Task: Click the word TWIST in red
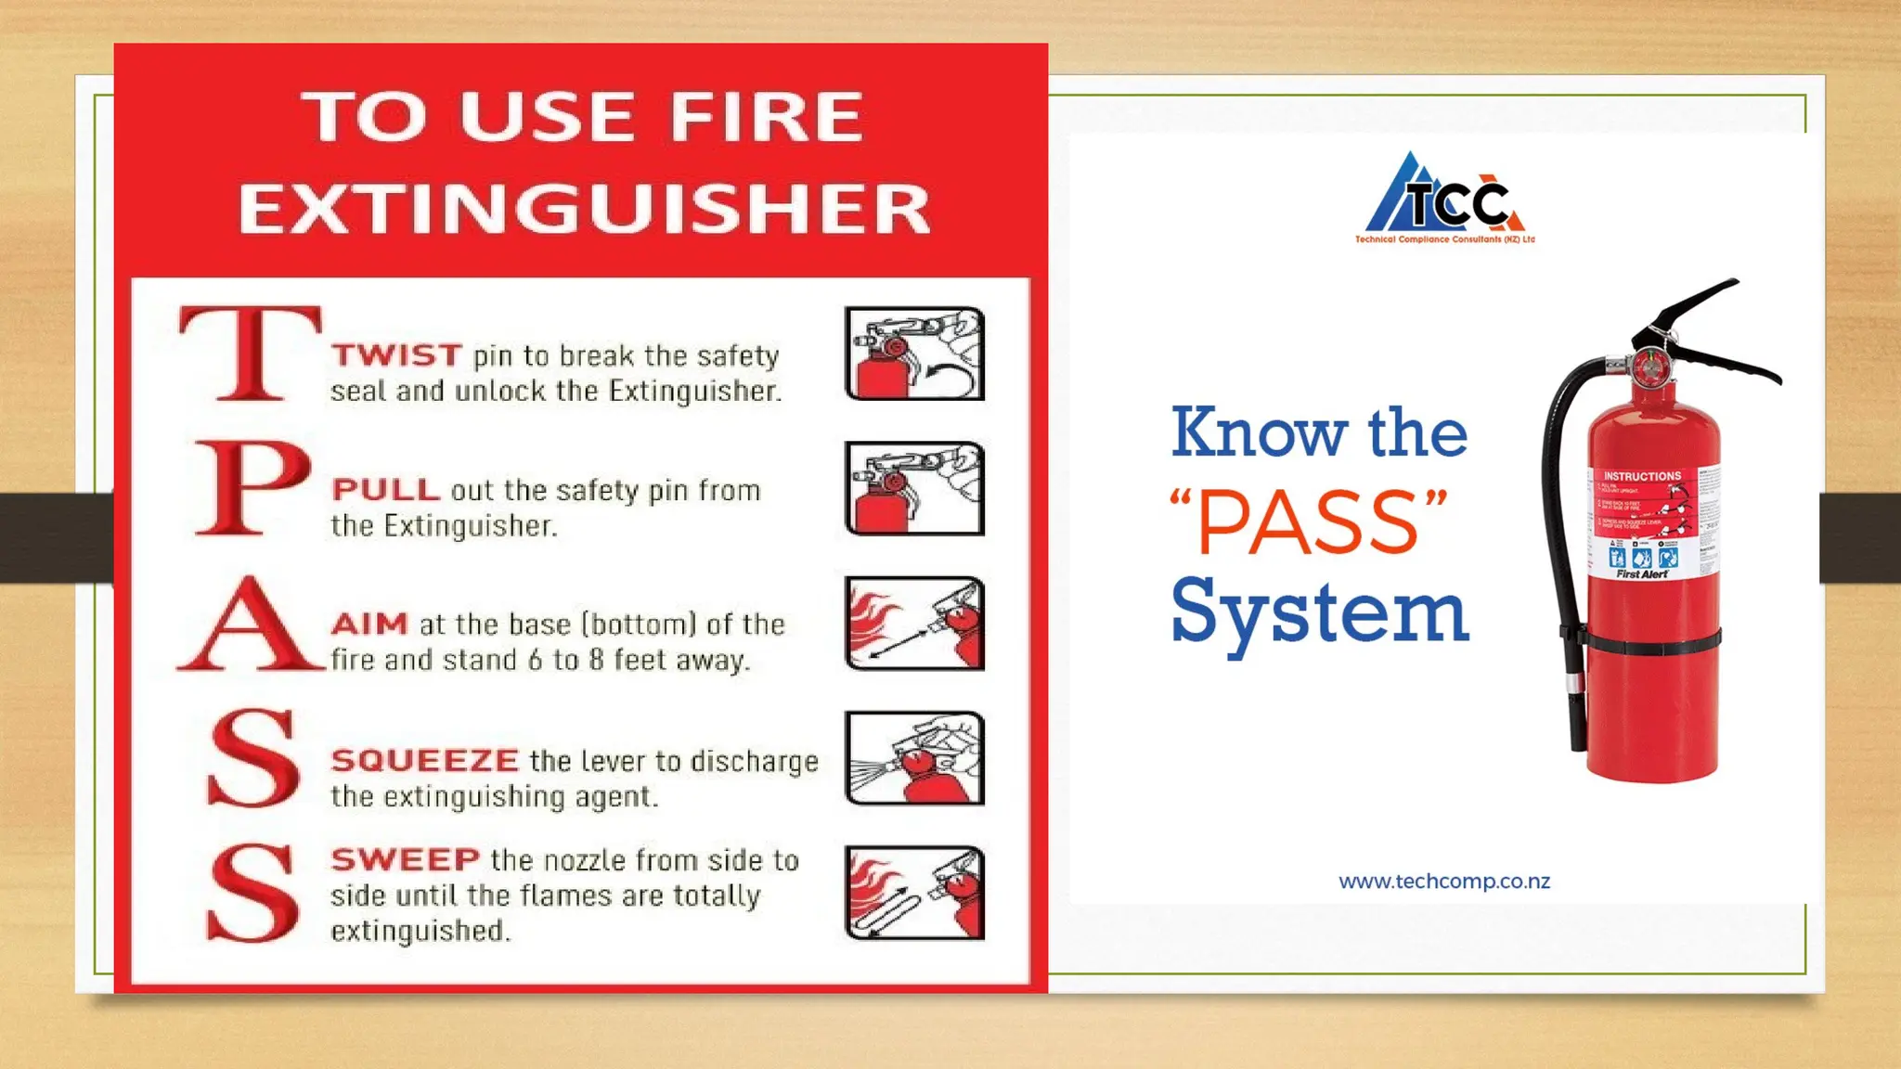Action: click(x=396, y=355)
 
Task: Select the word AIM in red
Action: click(x=369, y=624)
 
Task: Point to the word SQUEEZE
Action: click(x=424, y=761)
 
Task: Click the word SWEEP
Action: click(x=405, y=859)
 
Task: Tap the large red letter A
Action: click(x=249, y=624)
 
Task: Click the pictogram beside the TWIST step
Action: click(x=914, y=354)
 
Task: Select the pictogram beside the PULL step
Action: click(x=914, y=489)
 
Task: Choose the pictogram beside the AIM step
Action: click(x=914, y=624)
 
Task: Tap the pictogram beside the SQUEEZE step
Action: click(x=914, y=758)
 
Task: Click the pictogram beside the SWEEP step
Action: click(x=914, y=893)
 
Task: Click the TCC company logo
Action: click(x=1444, y=200)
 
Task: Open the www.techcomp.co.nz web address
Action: click(x=1444, y=882)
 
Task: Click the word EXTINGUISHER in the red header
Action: click(x=584, y=208)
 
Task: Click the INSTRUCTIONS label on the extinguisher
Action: click(x=1642, y=476)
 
